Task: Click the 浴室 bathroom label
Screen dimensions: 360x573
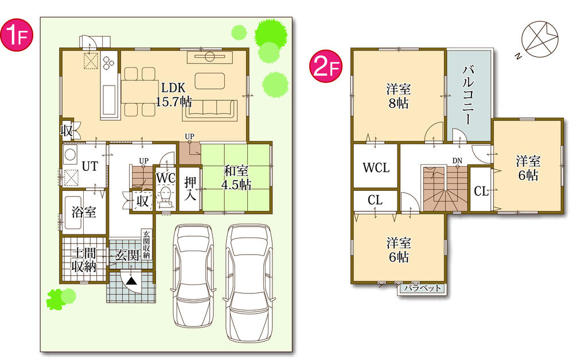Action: click(x=84, y=212)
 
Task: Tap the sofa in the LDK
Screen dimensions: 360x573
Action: click(x=210, y=109)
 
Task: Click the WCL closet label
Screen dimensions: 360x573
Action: click(x=376, y=168)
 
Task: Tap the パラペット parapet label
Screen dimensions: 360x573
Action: click(x=422, y=288)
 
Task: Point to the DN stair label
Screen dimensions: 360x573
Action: click(x=457, y=161)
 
